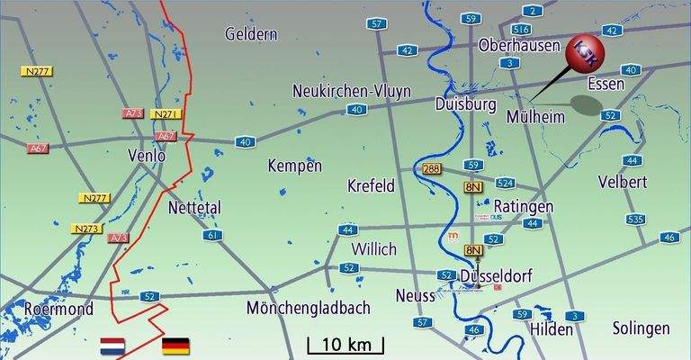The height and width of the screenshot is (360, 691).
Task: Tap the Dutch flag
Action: tap(113, 346)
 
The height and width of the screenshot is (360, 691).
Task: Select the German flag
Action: tap(175, 346)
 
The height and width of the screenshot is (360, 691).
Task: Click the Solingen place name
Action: tap(641, 328)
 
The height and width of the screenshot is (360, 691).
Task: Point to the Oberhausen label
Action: tap(520, 44)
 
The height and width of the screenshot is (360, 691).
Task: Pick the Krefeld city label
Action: tap(371, 185)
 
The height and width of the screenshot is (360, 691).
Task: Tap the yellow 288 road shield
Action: tap(433, 168)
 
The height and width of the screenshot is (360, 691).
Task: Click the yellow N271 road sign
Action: tap(166, 114)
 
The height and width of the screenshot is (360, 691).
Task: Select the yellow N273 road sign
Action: tap(86, 229)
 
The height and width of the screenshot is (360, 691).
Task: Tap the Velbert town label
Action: tap(622, 183)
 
